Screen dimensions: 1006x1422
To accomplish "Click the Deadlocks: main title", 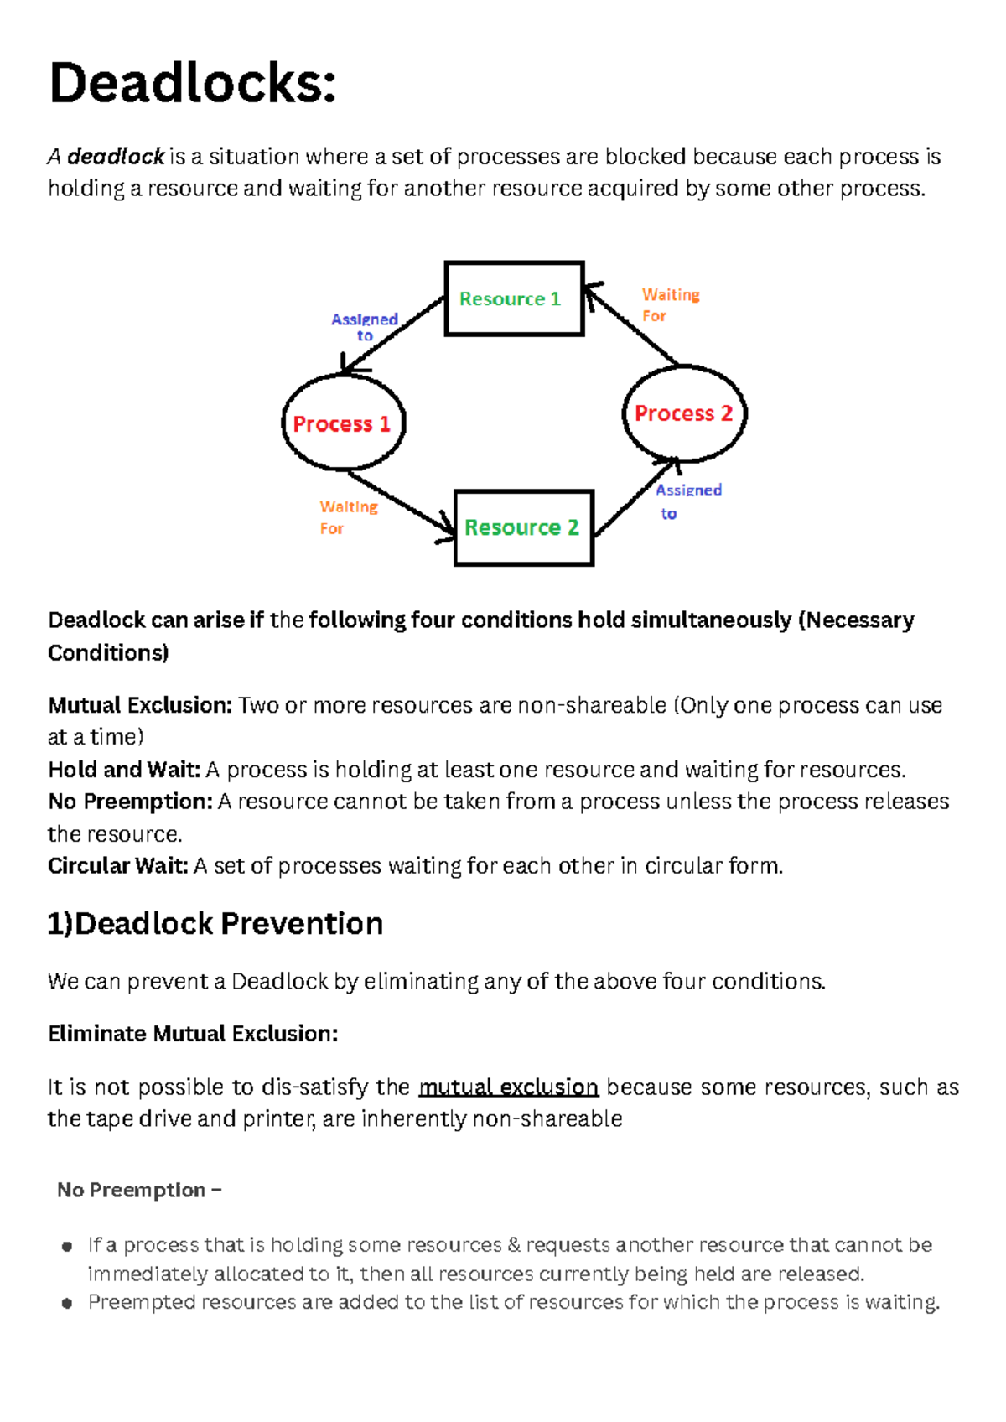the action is [x=193, y=84].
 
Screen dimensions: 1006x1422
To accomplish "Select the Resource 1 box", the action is [x=513, y=298].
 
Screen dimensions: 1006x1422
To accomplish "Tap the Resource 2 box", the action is [x=523, y=527].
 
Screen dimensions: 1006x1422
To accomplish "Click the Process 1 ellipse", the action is [x=342, y=423].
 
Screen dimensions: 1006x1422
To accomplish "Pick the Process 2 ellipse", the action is [x=683, y=413].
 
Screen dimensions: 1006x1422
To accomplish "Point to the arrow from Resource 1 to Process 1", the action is [x=392, y=335].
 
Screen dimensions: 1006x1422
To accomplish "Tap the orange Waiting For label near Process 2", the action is [x=670, y=305].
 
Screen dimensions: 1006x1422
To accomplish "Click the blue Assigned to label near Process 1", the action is [x=364, y=327].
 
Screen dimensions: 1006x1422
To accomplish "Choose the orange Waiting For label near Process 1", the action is [x=348, y=517].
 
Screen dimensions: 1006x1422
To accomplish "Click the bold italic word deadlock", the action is [x=116, y=157].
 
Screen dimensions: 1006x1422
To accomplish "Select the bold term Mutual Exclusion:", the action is [x=140, y=705].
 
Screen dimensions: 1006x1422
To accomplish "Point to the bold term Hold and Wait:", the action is [x=124, y=770].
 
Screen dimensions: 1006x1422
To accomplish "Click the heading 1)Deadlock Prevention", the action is [x=215, y=923].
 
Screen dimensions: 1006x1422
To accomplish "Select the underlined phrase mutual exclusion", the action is [x=508, y=1087].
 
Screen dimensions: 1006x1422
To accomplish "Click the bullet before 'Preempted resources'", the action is [x=67, y=1303].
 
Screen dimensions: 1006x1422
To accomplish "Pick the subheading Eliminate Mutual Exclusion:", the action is [x=193, y=1034].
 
